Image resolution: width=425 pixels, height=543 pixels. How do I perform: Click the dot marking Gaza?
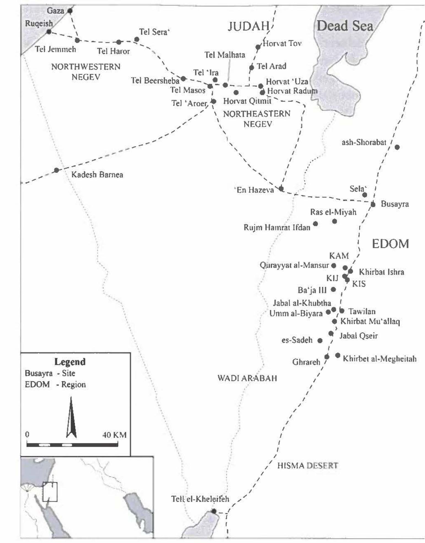(x=70, y=11)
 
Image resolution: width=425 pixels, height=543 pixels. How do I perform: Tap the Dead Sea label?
(x=345, y=26)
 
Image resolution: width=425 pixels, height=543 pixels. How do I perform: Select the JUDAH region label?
(x=249, y=26)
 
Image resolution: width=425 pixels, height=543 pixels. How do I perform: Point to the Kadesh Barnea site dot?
(x=56, y=170)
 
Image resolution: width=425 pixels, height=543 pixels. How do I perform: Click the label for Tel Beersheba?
(x=155, y=80)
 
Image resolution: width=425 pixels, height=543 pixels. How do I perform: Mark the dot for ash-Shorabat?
(x=397, y=147)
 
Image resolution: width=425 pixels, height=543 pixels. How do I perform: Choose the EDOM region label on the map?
(x=390, y=244)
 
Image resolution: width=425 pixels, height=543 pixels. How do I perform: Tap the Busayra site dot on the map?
(x=373, y=204)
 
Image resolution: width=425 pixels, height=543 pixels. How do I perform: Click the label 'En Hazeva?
(x=254, y=190)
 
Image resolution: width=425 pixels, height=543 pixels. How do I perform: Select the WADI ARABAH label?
(x=247, y=378)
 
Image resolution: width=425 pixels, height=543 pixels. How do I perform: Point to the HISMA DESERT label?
(x=307, y=466)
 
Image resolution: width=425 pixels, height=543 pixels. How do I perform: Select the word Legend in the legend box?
(x=70, y=362)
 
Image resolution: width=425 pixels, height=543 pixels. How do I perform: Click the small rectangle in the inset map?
(x=50, y=492)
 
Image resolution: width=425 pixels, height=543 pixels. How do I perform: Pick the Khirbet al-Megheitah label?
(x=379, y=359)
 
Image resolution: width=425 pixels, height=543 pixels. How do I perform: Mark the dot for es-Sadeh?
(x=320, y=341)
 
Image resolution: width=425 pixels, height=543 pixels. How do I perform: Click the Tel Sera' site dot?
(x=137, y=39)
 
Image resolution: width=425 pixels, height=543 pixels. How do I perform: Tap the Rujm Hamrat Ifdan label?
(x=277, y=228)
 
